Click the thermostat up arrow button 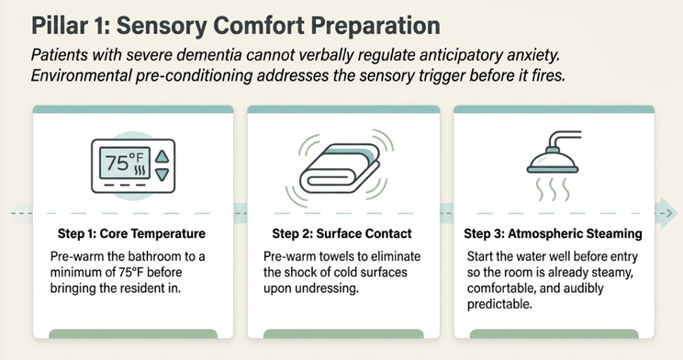pyautogui.click(x=162, y=157)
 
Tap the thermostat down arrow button pyautogui.click(x=162, y=174)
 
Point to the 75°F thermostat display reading pyautogui.click(x=125, y=163)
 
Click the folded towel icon pyautogui.click(x=340, y=168)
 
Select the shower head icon pyautogui.click(x=554, y=152)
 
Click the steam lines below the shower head pyautogui.click(x=553, y=189)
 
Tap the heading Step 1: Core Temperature pyautogui.click(x=131, y=233)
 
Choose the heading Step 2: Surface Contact pyautogui.click(x=341, y=233)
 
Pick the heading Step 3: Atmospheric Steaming pyautogui.click(x=553, y=233)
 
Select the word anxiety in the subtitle pyautogui.click(x=532, y=56)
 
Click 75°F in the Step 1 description pyautogui.click(x=130, y=273)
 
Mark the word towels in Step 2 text pyautogui.click(x=339, y=256)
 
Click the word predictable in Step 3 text pyautogui.click(x=499, y=304)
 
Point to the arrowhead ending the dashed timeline pyautogui.click(x=666, y=213)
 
